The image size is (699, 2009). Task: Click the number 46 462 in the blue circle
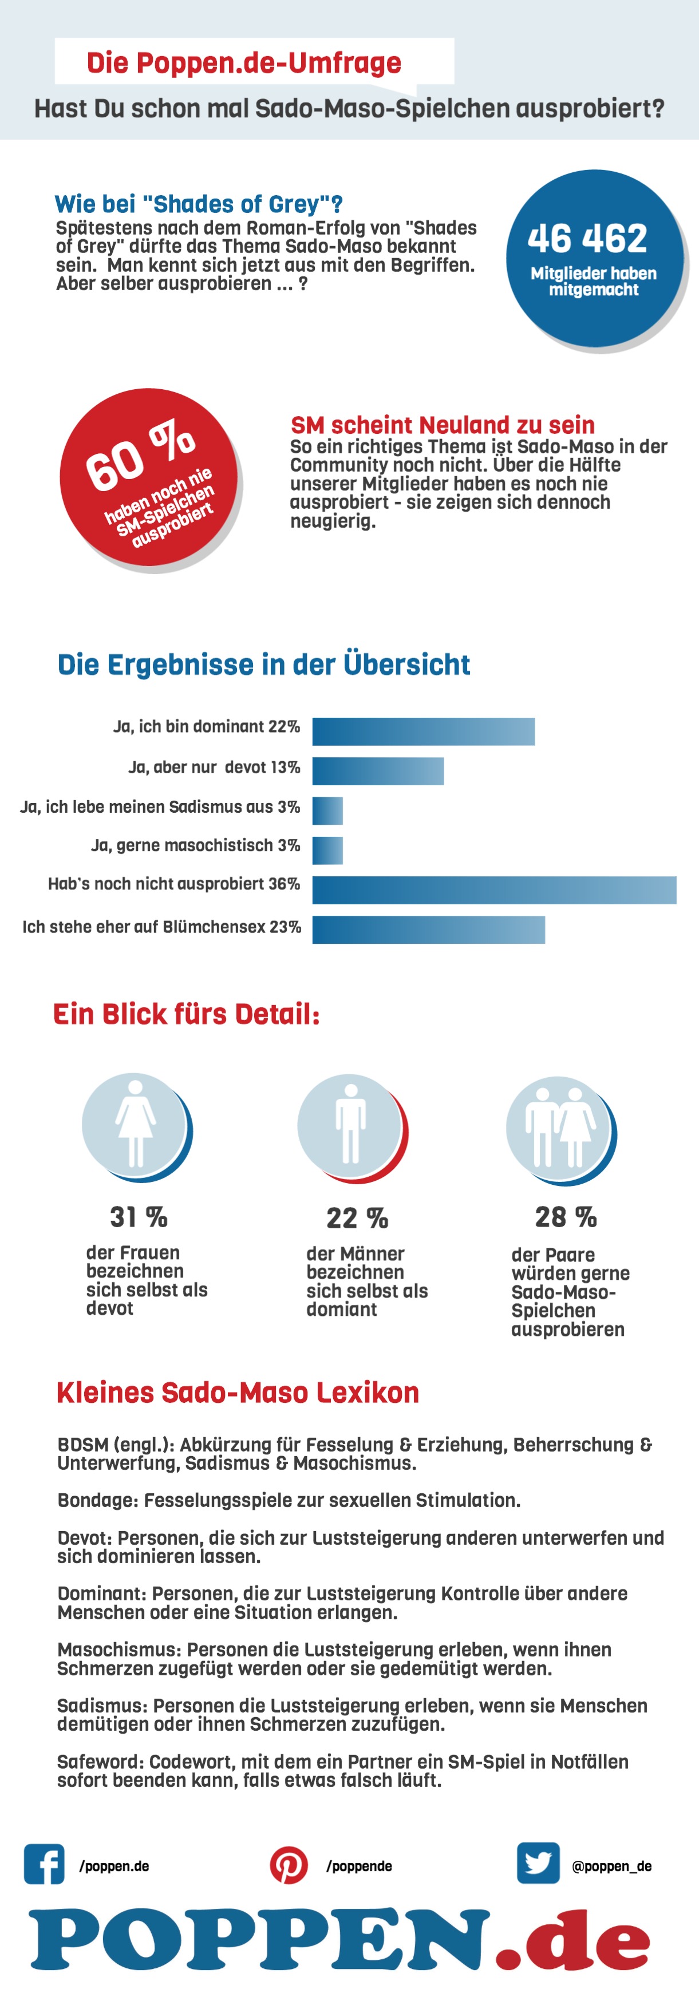587,239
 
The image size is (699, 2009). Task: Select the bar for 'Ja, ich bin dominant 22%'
424,731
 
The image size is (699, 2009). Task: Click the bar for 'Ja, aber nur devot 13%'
378,772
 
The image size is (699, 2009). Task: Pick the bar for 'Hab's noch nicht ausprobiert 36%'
494,890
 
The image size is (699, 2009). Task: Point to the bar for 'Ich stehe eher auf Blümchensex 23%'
428,930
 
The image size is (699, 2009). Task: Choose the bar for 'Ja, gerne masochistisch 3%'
327,850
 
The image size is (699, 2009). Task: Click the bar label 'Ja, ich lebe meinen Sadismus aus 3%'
160,807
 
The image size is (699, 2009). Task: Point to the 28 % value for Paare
566,1217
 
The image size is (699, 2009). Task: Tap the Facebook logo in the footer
45,1865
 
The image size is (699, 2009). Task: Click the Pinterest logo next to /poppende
289,1865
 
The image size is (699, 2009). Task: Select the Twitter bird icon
538,1863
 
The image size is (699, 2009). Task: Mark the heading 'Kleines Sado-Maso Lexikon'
238,1392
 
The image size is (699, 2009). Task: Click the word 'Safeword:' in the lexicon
100,1762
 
